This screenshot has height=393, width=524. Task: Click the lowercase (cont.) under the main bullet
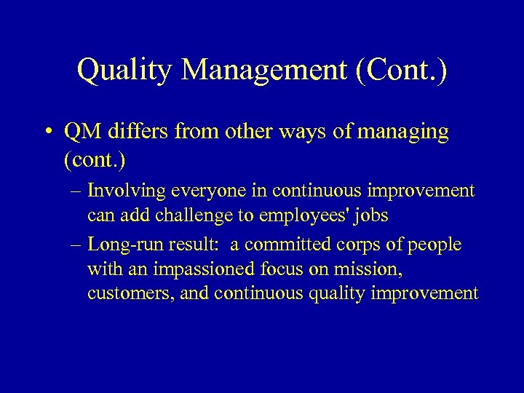[x=93, y=159]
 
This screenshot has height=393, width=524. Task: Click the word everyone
[x=199, y=191]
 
